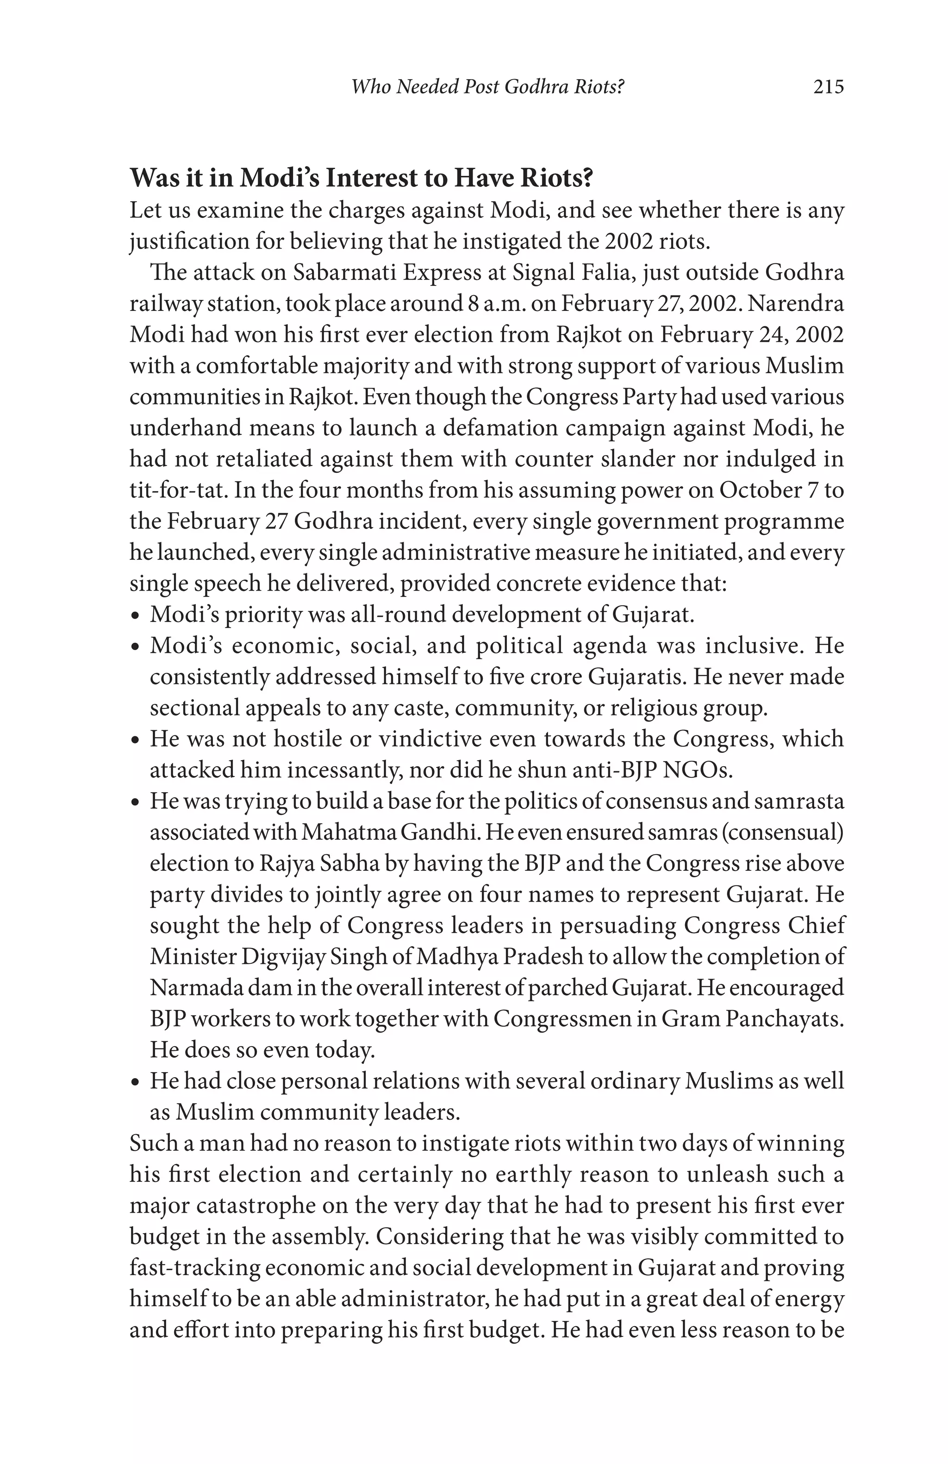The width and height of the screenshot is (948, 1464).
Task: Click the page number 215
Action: (828, 87)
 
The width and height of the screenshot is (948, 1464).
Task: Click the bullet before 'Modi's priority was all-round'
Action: (135, 616)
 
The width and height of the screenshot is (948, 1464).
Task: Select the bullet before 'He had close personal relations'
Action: (135, 1083)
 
